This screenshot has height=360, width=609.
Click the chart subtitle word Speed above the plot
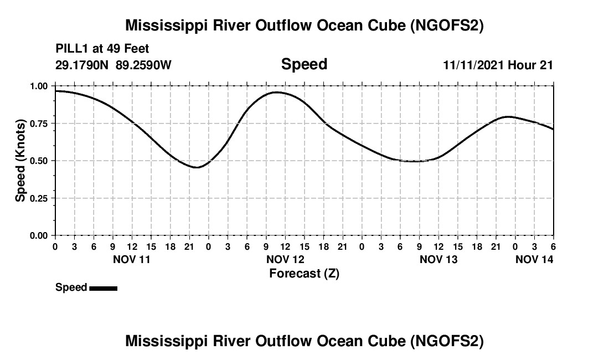tap(304, 64)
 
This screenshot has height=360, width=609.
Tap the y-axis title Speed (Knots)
tap(20, 160)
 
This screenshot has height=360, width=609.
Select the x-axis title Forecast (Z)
tap(304, 273)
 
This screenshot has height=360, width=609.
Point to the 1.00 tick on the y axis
tap(39, 86)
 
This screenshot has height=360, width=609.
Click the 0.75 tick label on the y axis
tap(39, 124)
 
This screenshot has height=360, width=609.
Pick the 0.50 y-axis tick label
tap(39, 161)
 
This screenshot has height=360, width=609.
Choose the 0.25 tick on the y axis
tap(39, 198)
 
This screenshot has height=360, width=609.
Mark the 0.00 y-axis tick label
tap(39, 235)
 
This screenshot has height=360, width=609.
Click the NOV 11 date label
tap(132, 259)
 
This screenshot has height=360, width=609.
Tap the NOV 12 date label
tap(285, 259)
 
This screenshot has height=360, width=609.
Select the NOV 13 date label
tap(438, 259)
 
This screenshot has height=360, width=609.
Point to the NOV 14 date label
tap(534, 259)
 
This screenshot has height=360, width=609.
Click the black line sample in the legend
tap(103, 288)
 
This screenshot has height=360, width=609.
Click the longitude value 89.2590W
tap(143, 65)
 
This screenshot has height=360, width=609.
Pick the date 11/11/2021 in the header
tap(473, 65)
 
